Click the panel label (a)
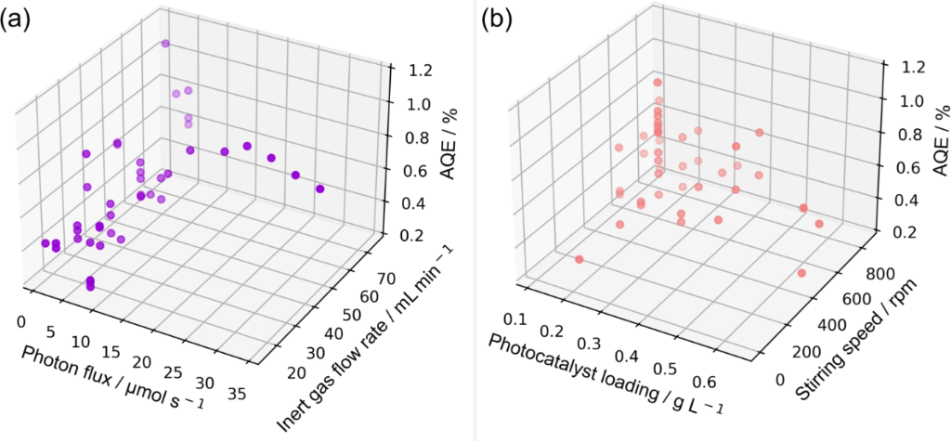[x=20, y=20]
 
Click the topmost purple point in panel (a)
[x=165, y=44]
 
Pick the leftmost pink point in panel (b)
[x=579, y=259]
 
